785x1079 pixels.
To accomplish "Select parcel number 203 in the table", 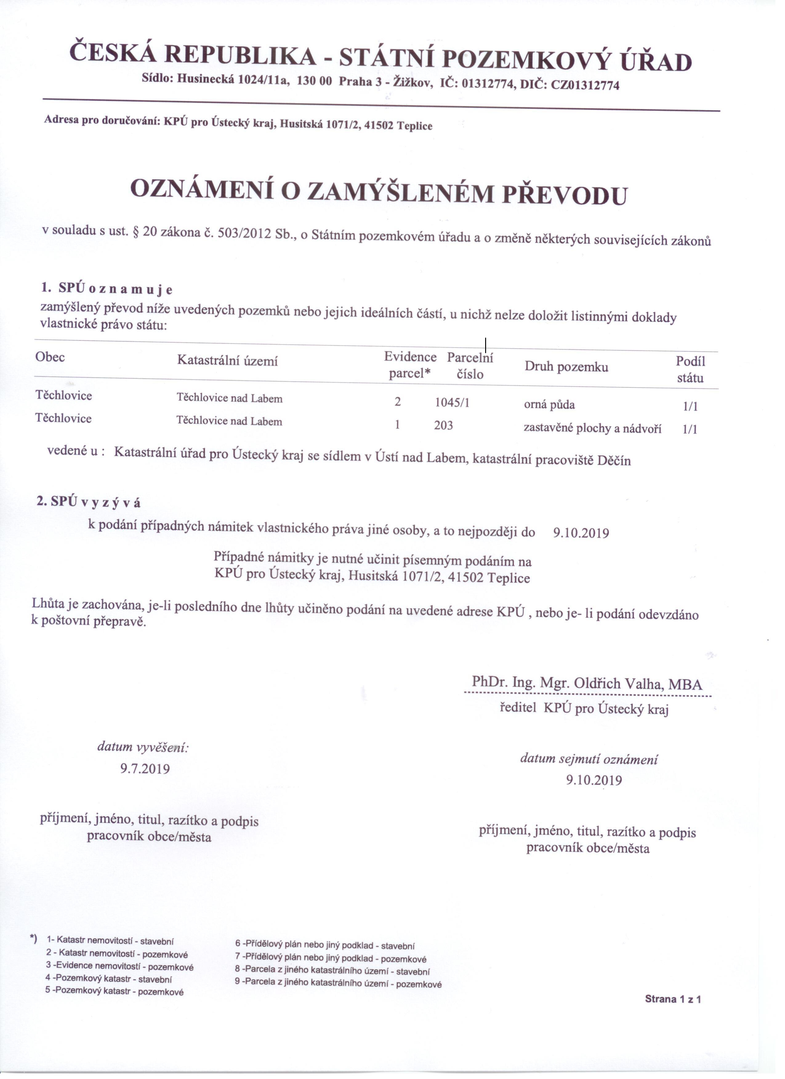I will click(443, 425).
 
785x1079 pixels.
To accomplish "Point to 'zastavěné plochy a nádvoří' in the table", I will click(592, 428).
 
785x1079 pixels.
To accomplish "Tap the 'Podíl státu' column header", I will click(690, 369).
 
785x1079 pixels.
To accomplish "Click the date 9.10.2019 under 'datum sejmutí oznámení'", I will click(594, 780).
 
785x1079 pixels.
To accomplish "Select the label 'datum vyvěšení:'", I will click(143, 747).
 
